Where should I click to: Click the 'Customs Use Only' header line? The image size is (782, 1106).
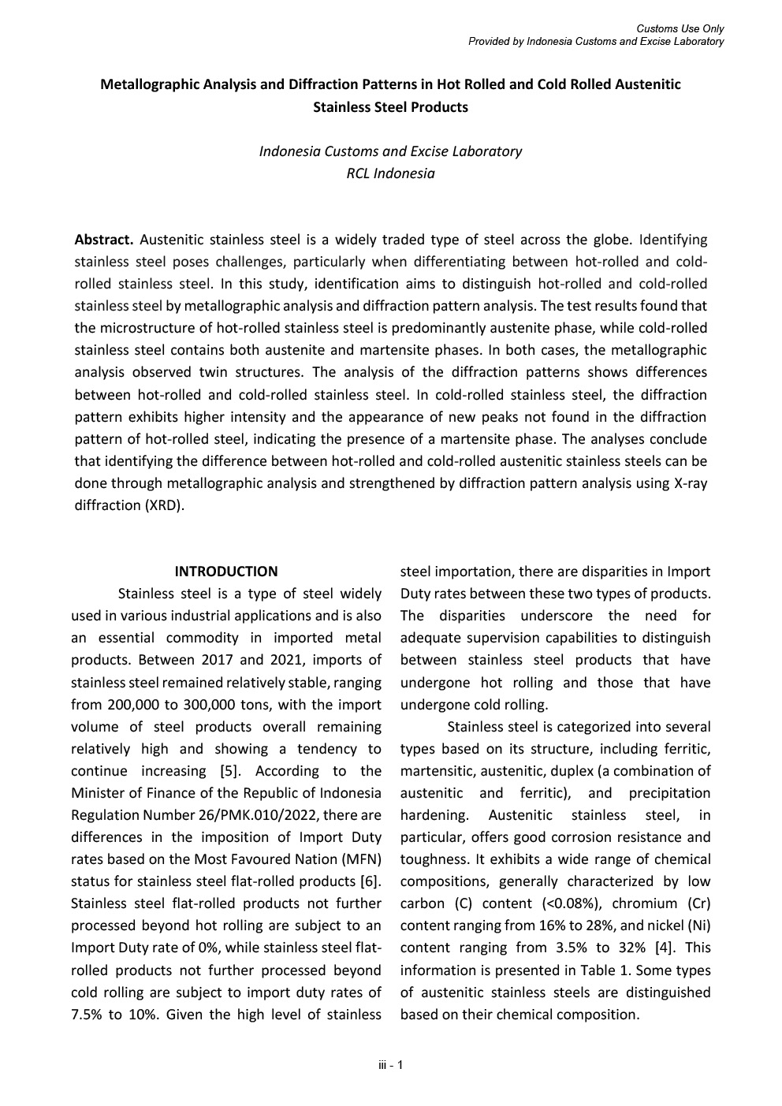click(x=680, y=29)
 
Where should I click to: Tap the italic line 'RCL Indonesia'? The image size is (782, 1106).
click(x=390, y=173)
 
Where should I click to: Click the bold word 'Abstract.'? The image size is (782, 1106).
click(x=104, y=240)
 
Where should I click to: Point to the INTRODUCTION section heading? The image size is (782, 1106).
click(x=226, y=572)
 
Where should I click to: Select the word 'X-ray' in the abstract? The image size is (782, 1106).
click(x=691, y=483)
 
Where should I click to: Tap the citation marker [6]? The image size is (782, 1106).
click(x=371, y=881)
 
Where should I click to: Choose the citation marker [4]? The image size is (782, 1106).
click(x=666, y=948)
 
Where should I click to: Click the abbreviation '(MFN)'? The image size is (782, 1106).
click(x=361, y=859)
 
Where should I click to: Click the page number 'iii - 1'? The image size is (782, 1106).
click(x=391, y=1066)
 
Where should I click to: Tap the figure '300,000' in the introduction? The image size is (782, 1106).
click(x=211, y=705)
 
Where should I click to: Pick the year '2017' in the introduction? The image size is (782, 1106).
click(x=217, y=660)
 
